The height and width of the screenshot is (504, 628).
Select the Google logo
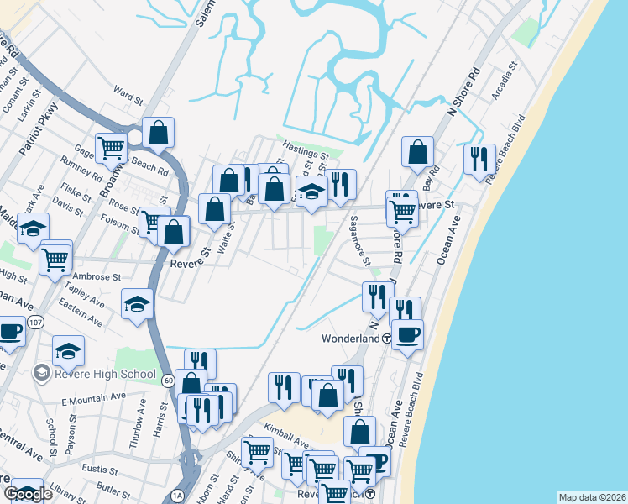(28, 494)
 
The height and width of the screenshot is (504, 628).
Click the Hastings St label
(306, 155)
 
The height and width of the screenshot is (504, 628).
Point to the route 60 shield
(168, 380)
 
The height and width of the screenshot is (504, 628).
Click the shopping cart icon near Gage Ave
(112, 149)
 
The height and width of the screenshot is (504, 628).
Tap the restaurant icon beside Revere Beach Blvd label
(479, 159)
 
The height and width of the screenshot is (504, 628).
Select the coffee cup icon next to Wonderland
(408, 334)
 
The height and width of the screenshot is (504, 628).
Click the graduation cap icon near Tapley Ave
(137, 304)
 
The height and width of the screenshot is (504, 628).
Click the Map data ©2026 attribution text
(592, 496)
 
